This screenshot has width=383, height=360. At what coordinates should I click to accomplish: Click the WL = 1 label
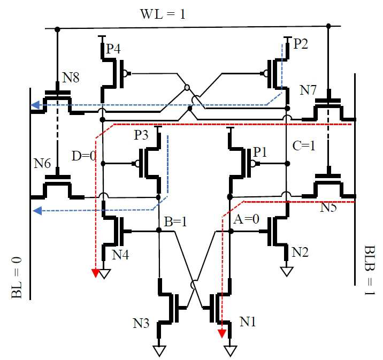click(x=163, y=14)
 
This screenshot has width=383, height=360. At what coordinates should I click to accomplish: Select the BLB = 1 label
click(x=370, y=270)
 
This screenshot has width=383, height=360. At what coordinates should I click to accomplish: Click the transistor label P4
click(x=113, y=49)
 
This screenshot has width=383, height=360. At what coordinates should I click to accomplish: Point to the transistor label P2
click(x=301, y=44)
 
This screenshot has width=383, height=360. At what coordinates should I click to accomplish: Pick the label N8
click(x=71, y=78)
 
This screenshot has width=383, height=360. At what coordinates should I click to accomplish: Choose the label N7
click(x=308, y=90)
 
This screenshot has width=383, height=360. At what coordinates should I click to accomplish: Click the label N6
click(x=42, y=163)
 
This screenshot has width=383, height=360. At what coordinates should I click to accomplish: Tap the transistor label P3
click(x=141, y=135)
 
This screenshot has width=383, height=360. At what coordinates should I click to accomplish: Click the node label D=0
click(x=84, y=156)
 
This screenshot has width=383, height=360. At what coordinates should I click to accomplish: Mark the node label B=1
click(x=175, y=222)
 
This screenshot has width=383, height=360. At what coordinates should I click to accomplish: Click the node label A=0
click(x=246, y=219)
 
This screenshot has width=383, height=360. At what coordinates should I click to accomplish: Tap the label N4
click(x=120, y=255)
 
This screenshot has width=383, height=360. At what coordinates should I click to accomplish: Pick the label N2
click(x=300, y=252)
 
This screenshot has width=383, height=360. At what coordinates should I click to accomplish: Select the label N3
click(x=141, y=324)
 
